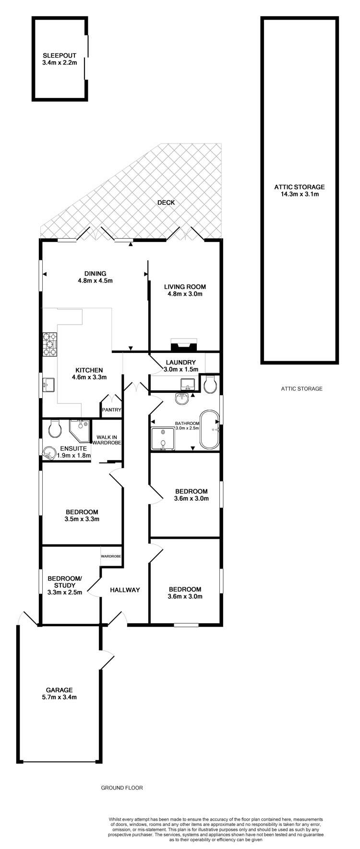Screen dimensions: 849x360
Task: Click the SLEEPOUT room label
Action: (x=59, y=55)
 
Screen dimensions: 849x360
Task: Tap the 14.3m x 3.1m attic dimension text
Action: (x=299, y=194)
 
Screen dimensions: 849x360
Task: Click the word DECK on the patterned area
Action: (x=166, y=203)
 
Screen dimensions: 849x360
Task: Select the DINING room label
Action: (x=94, y=274)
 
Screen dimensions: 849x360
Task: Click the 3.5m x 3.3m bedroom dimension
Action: (x=82, y=519)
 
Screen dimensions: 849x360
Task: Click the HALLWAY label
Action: (x=125, y=590)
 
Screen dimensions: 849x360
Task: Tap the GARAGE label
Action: (x=60, y=690)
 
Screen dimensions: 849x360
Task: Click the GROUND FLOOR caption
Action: (x=122, y=788)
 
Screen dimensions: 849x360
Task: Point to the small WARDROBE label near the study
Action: (x=110, y=556)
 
